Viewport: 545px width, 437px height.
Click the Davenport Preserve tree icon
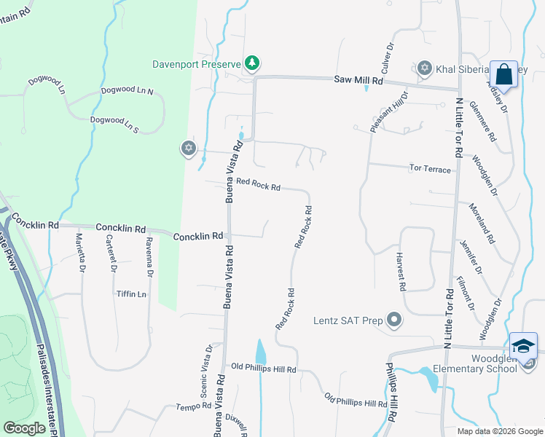click(252, 63)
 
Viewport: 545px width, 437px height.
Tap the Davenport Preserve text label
click(196, 63)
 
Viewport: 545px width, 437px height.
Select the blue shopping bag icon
click(503, 74)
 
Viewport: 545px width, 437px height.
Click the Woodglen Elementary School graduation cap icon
click(524, 347)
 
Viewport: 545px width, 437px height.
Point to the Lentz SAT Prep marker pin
click(394, 320)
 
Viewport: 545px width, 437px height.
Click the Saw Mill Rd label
click(358, 79)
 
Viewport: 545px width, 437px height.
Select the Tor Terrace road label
click(430, 168)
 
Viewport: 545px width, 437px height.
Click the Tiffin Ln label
click(131, 294)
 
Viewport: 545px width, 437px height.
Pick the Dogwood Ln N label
click(128, 91)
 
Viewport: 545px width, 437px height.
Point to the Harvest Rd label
click(400, 271)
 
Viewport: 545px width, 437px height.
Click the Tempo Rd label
click(193, 406)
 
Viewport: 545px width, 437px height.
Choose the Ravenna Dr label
click(149, 256)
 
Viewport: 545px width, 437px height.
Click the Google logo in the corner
click(25, 428)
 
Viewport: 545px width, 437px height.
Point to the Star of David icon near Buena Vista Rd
click(189, 149)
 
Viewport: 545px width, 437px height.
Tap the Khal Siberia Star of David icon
click(425, 68)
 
